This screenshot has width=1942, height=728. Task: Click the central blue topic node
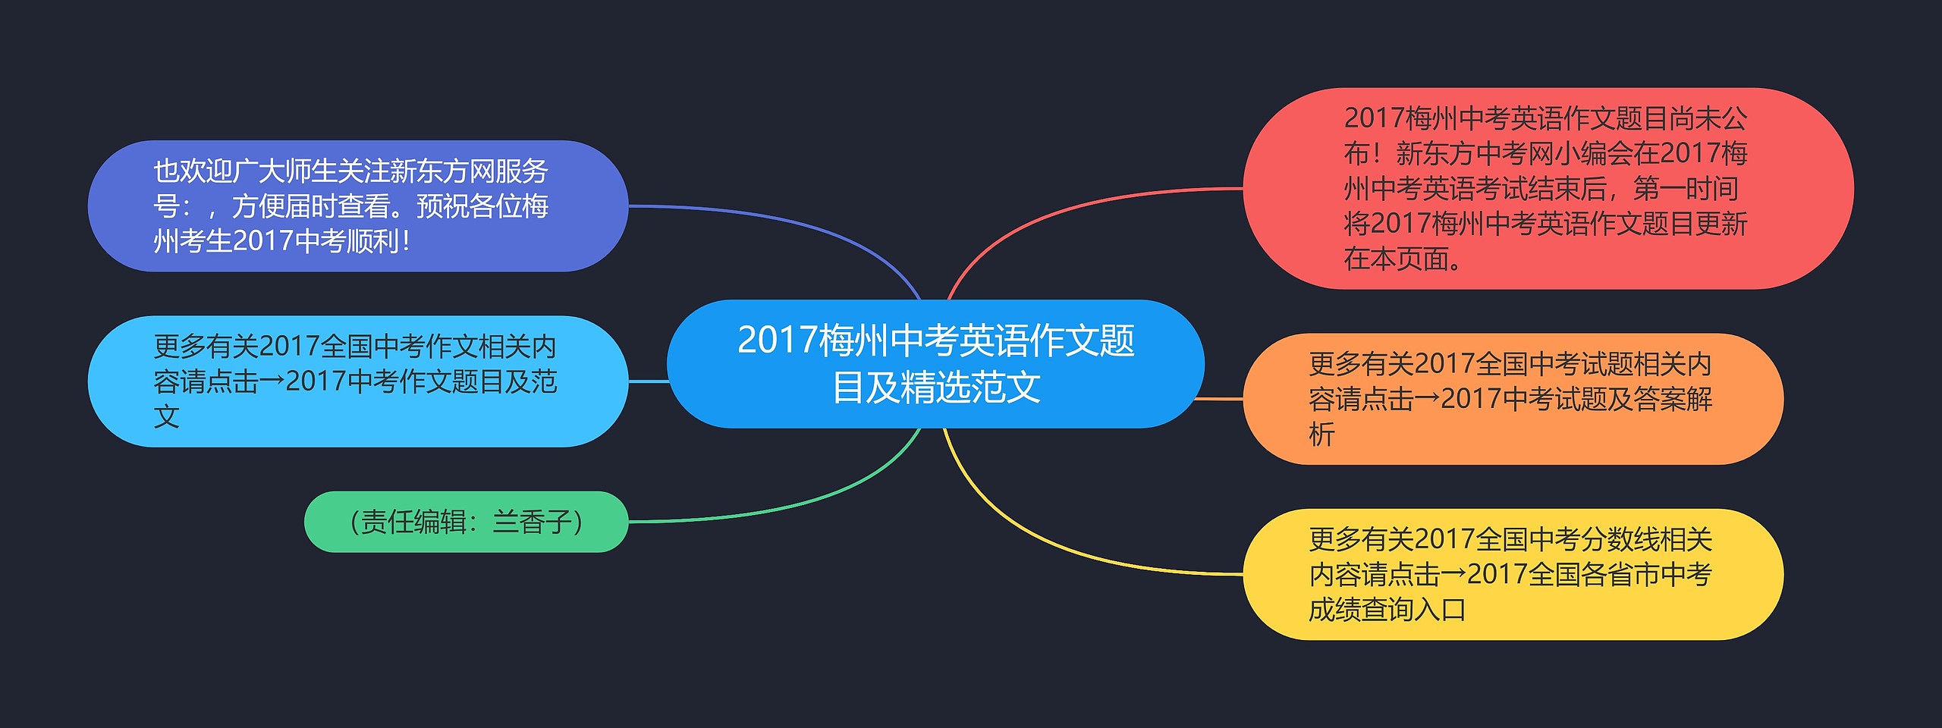click(x=935, y=364)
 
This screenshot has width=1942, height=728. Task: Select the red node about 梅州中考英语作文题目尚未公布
click(x=1548, y=188)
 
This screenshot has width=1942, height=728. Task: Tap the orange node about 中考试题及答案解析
click(x=1513, y=399)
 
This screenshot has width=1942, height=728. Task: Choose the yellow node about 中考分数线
click(x=1513, y=574)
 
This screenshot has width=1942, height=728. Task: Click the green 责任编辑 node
click(x=466, y=522)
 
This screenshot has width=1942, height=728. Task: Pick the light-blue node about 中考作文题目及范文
click(x=358, y=381)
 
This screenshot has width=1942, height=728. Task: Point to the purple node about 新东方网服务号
click(x=358, y=206)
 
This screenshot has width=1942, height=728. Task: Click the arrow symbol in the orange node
click(x=1427, y=399)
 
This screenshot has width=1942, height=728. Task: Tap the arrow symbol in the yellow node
click(x=1453, y=574)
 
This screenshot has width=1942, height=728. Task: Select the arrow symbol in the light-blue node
click(x=272, y=381)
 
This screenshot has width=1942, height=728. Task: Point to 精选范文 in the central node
click(x=970, y=388)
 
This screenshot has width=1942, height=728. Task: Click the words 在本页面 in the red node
click(x=1396, y=259)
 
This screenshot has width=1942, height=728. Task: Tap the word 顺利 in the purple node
click(x=372, y=241)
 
